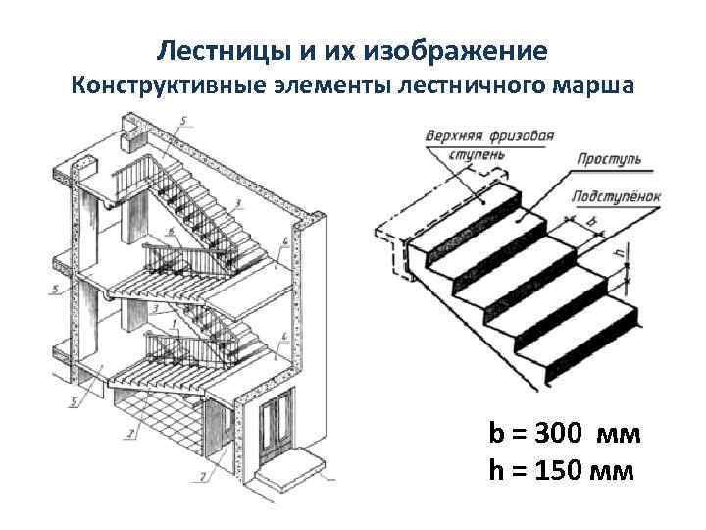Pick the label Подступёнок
click(617, 196)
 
